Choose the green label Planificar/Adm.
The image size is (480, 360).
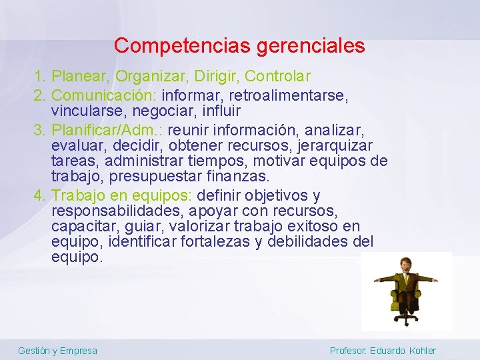pyautogui.click(x=107, y=128)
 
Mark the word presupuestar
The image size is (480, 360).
pyautogui.click(x=170, y=177)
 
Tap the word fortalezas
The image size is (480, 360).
pyautogui.click(x=215, y=241)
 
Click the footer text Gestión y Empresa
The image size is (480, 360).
pyautogui.click(x=57, y=351)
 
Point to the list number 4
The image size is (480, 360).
pyautogui.click(x=39, y=195)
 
